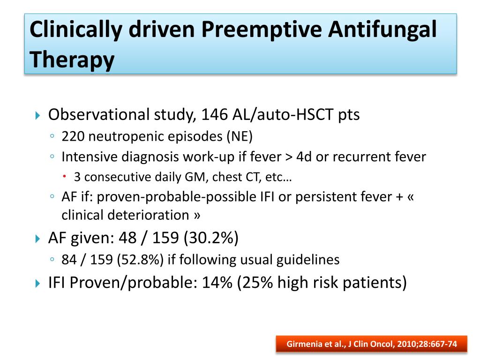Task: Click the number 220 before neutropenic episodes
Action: point(74,136)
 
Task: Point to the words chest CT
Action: point(222,177)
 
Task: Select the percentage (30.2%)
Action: point(211,239)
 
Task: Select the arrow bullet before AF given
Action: point(39,239)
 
